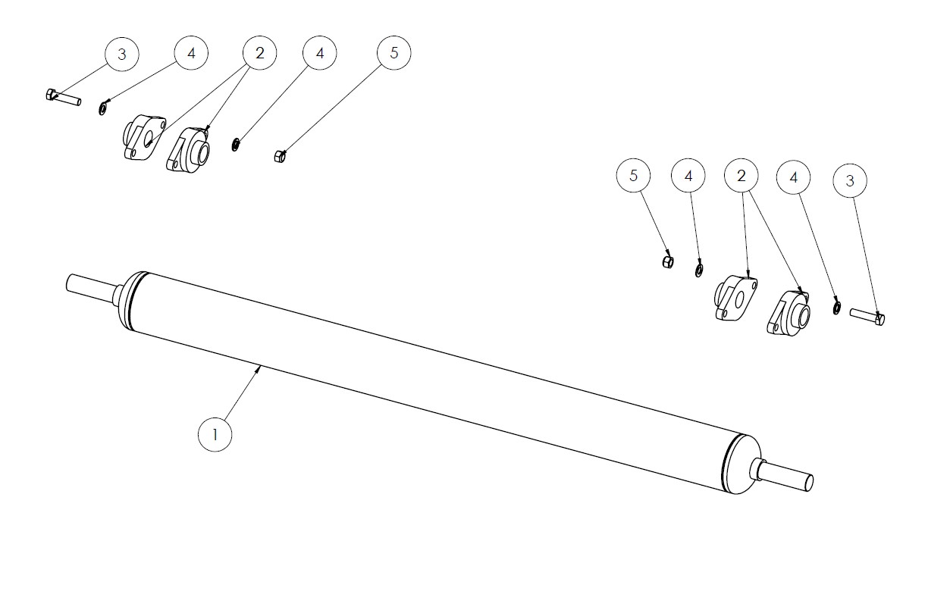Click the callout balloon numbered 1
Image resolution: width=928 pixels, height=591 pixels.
[x=215, y=434]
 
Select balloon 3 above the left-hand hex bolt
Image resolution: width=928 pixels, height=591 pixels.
[x=122, y=55]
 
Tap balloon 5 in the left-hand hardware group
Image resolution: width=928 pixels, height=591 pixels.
[x=394, y=52]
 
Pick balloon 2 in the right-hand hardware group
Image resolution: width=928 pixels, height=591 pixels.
[x=741, y=176]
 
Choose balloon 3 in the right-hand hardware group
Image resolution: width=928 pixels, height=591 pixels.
[x=850, y=180]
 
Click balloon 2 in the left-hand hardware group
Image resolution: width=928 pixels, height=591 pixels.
[x=260, y=53]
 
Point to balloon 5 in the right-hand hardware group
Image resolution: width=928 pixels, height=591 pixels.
[x=633, y=176]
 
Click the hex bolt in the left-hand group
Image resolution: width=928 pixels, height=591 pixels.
[x=63, y=97]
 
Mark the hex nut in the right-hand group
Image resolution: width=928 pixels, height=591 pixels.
[x=667, y=262]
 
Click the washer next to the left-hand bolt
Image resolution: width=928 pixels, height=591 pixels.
[x=102, y=109]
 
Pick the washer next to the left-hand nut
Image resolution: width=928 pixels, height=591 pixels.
[x=235, y=145]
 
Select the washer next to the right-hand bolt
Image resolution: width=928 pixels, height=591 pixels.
[x=837, y=308]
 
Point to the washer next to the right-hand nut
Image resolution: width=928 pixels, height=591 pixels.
[x=698, y=270]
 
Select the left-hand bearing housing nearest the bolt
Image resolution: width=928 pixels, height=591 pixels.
[x=144, y=136]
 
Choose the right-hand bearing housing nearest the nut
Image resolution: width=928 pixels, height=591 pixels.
[x=735, y=298]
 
